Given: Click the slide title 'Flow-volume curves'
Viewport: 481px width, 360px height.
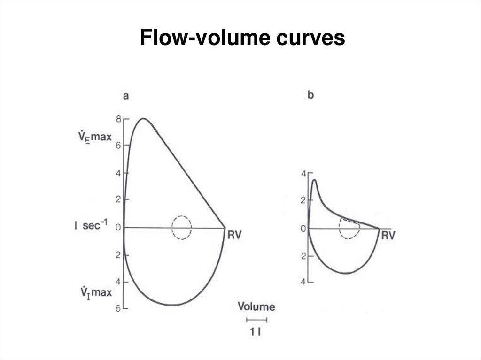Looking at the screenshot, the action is pyautogui.click(x=242, y=38).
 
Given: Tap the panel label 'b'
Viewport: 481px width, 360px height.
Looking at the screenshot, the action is pyautogui.click(x=310, y=95).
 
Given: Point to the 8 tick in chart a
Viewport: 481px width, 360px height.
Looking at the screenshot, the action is pyautogui.click(x=119, y=119).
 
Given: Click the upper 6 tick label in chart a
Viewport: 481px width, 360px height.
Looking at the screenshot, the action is pyautogui.click(x=118, y=146).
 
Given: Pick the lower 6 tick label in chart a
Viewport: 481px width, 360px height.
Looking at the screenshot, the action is pyautogui.click(x=118, y=308).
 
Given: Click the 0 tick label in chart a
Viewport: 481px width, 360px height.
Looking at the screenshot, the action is pyautogui.click(x=118, y=228).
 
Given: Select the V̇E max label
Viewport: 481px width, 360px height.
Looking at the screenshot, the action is pyautogui.click(x=95, y=137).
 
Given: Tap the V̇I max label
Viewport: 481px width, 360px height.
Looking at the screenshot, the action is pyautogui.click(x=96, y=293).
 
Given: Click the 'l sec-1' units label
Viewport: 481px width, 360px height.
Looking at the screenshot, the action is pyautogui.click(x=91, y=225).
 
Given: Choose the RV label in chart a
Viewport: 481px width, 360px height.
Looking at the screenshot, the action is pyautogui.click(x=235, y=235).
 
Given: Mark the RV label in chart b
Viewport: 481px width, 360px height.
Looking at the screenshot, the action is pyautogui.click(x=388, y=236).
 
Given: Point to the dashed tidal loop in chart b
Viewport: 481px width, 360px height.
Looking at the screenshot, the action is pyautogui.click(x=339, y=229).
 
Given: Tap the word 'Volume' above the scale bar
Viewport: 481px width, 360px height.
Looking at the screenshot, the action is pyautogui.click(x=256, y=306).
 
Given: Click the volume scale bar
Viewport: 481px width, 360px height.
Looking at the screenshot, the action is pyautogui.click(x=257, y=320).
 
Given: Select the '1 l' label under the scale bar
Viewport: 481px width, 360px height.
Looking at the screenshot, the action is pyautogui.click(x=256, y=332).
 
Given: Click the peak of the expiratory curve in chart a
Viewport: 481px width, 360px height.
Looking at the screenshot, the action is pyautogui.click(x=143, y=118).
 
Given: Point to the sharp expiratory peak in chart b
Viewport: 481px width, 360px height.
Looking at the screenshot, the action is pyautogui.click(x=314, y=180).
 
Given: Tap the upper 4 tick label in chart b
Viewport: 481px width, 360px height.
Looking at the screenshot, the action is pyautogui.click(x=304, y=174).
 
